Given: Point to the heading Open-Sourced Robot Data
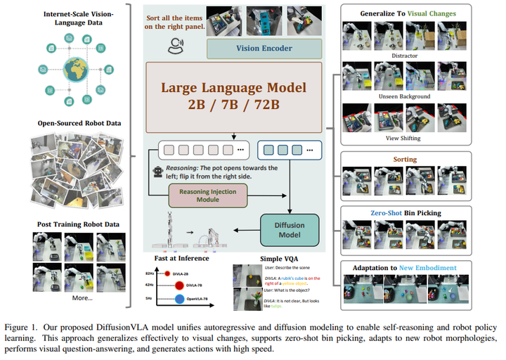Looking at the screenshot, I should (79, 124).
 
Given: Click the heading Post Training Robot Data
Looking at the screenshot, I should (79, 224).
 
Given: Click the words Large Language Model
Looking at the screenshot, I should (234, 89).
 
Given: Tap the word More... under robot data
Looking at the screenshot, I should (82, 297).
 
